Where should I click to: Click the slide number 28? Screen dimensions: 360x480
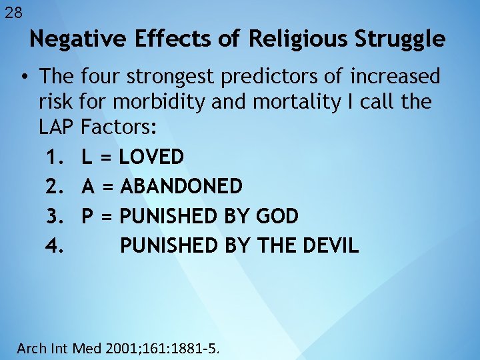(x=13, y=12)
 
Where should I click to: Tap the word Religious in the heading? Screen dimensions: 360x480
(x=299, y=39)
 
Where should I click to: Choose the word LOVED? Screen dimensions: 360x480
(x=151, y=157)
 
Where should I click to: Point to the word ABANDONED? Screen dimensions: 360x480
(x=181, y=187)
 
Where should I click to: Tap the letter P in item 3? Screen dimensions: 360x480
(x=87, y=216)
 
